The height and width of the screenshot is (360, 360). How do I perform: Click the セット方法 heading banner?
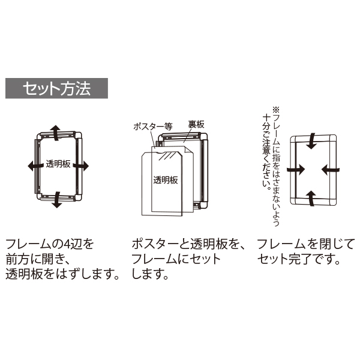click(57, 88)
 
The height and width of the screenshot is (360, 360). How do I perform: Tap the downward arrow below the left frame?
click(56, 199)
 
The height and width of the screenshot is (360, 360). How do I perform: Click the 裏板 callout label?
click(196, 124)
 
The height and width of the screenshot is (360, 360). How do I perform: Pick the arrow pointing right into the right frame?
click(293, 170)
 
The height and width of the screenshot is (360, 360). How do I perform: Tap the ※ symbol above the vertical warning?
click(276, 110)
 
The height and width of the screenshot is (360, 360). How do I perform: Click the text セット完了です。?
click(299, 260)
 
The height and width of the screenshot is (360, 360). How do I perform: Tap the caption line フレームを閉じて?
click(306, 245)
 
